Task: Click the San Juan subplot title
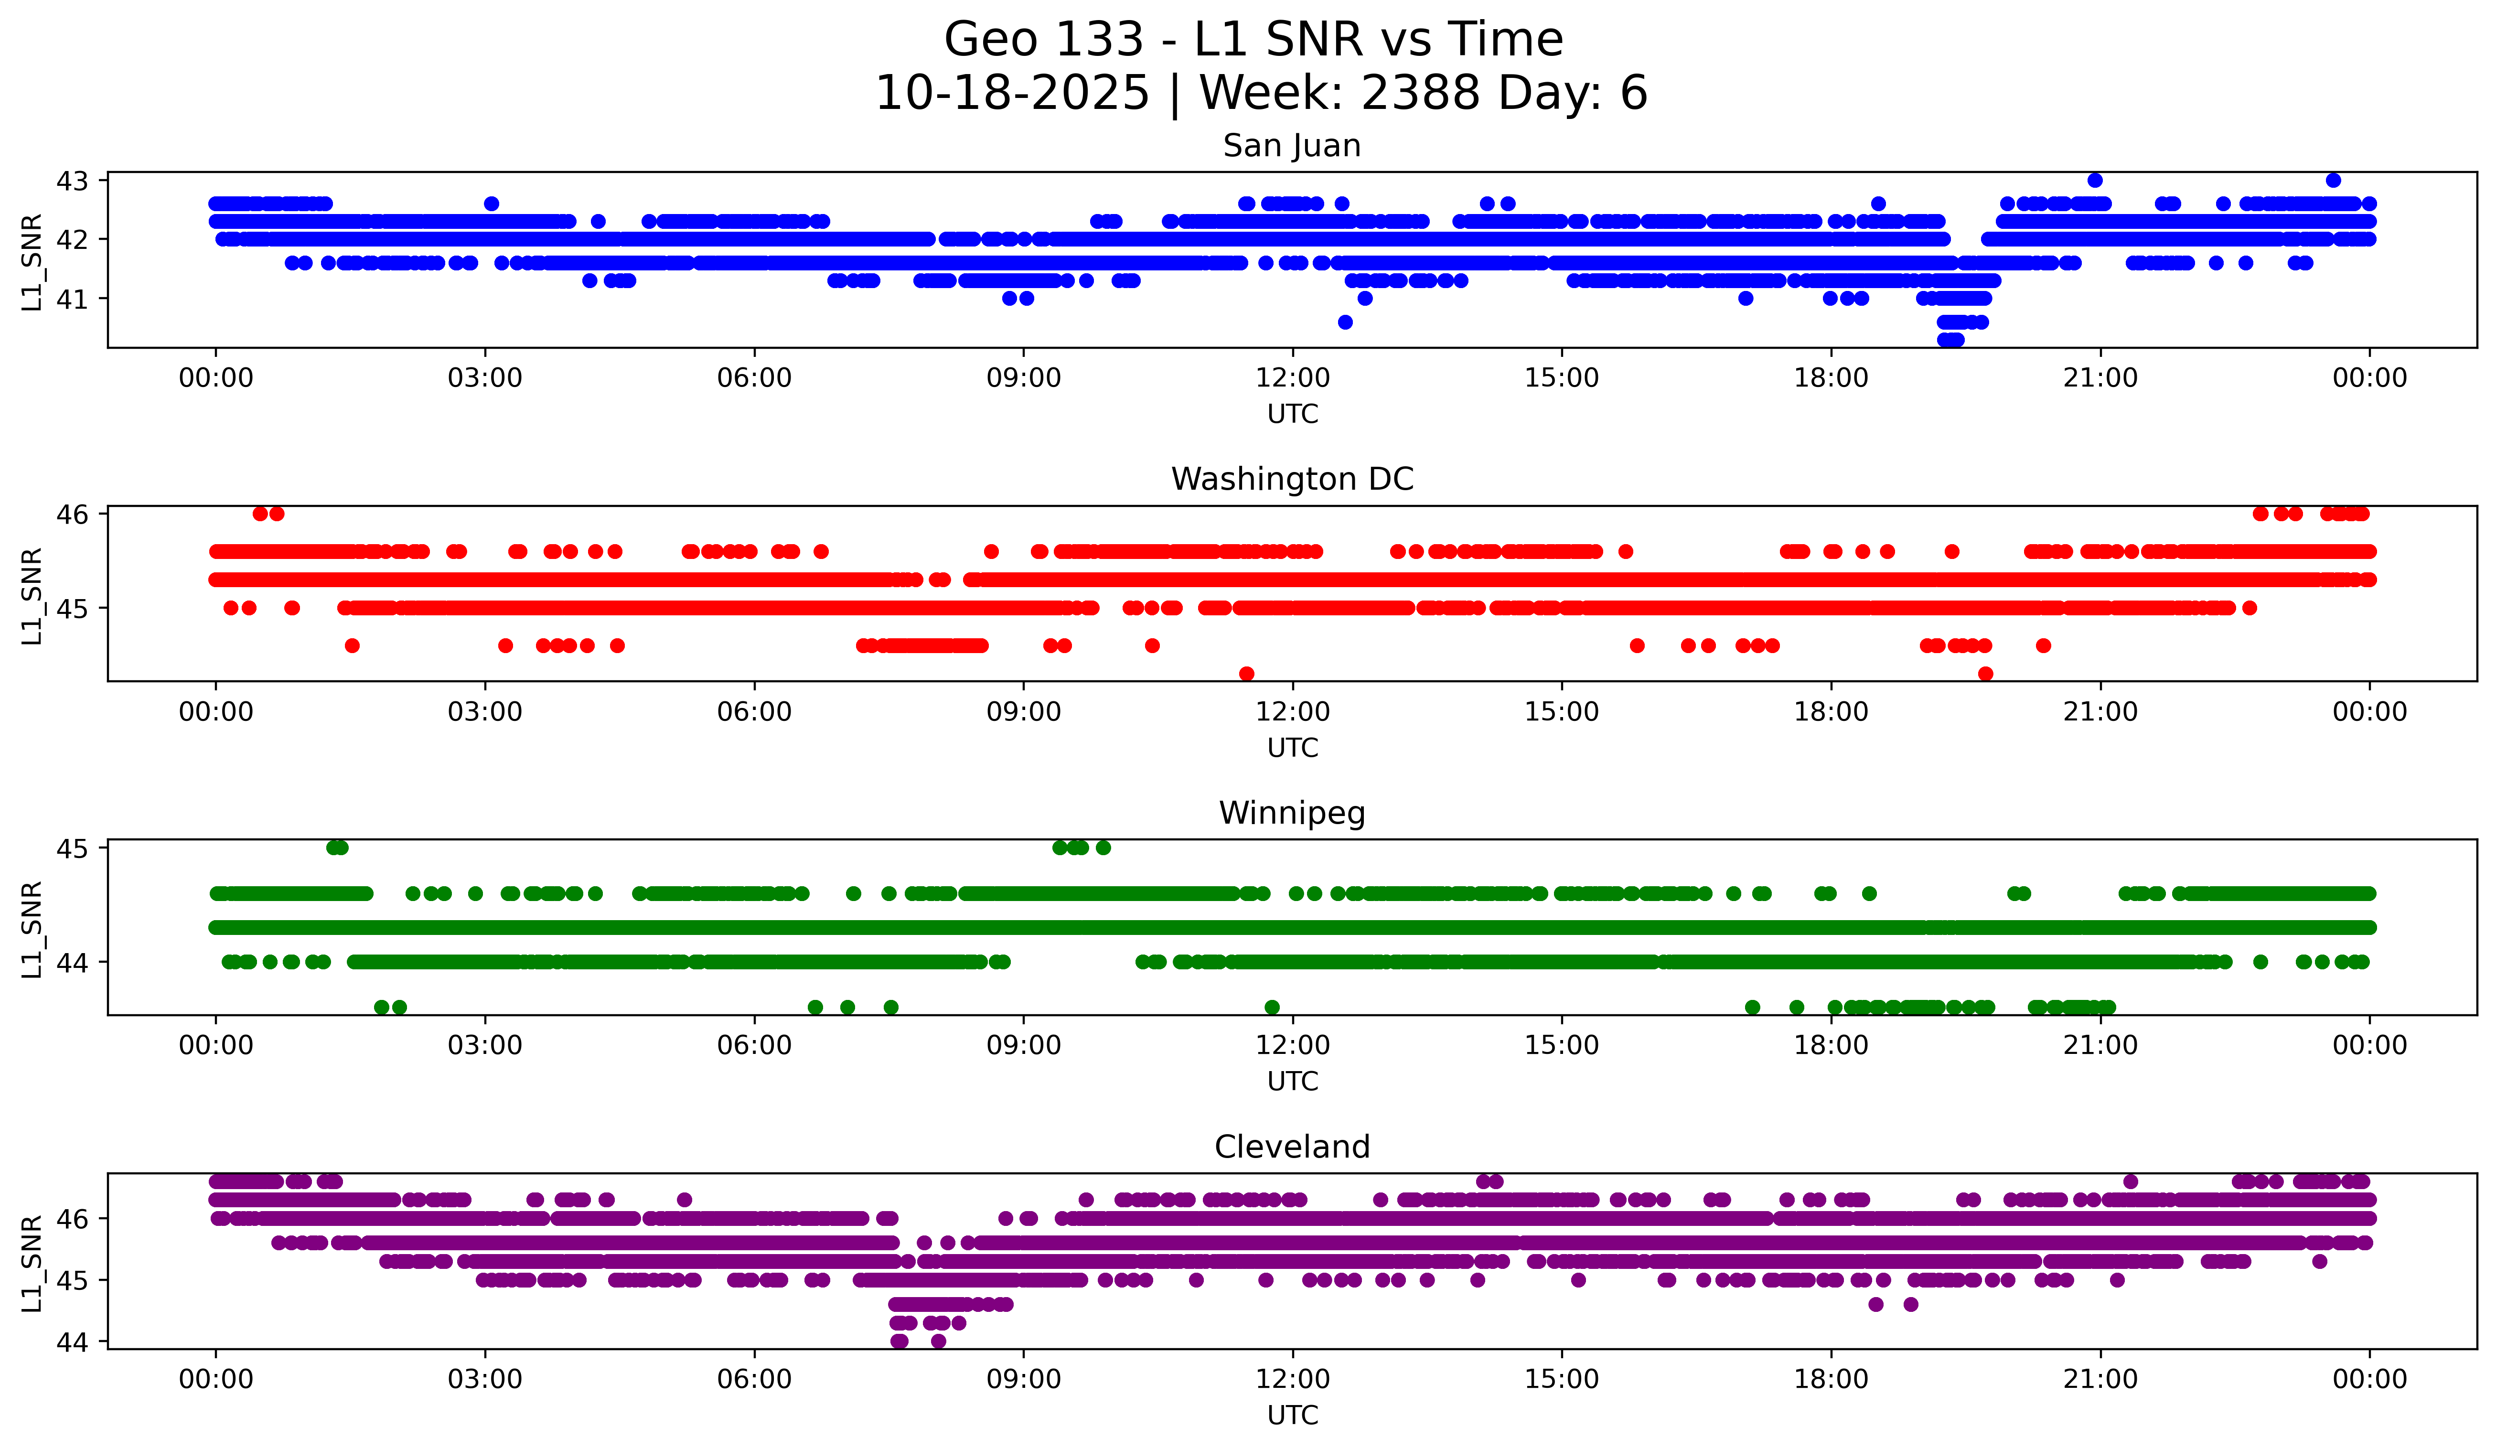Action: tap(1292, 146)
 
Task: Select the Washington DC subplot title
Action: tap(1292, 479)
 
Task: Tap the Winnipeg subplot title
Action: tap(1292, 813)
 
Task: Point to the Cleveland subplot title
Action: tap(1292, 1147)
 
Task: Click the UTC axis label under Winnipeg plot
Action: tap(1292, 1082)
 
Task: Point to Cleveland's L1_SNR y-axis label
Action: tap(32, 1263)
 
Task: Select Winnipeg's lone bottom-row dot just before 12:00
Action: tap(1272, 1007)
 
